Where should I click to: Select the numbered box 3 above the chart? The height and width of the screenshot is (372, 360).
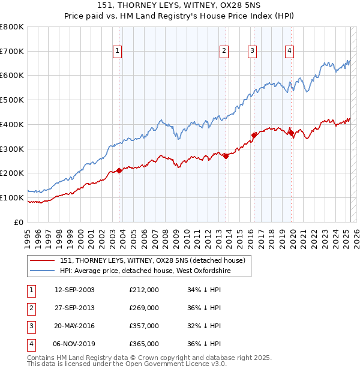click(252, 52)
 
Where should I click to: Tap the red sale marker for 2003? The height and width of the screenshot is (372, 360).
click(119, 170)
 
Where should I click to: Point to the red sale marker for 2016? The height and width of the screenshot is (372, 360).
click(254, 135)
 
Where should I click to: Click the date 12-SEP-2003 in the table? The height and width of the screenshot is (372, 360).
click(74, 290)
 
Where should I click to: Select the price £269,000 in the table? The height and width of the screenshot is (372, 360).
click(144, 308)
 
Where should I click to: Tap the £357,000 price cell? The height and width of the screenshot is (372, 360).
click(144, 326)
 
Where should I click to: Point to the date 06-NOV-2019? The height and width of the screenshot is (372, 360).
click(74, 344)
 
